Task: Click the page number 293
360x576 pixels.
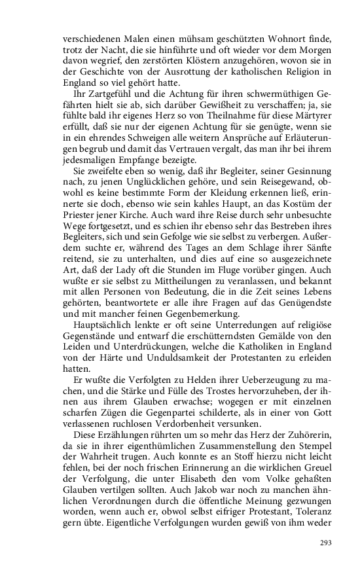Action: pyautogui.click(x=326, y=543)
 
